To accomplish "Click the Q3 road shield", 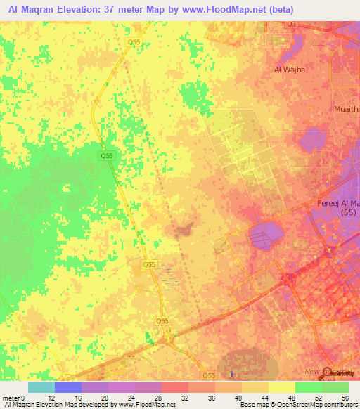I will pos(291,24).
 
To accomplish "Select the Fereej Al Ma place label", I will pos(338,203).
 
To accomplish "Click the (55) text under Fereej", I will pos(347,212).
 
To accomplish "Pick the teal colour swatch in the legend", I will pos(41,387).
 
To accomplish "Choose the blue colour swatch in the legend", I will pos(68,387).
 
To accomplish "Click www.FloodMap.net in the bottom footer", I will pos(146,405).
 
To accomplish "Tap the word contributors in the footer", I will pos(340,405).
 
